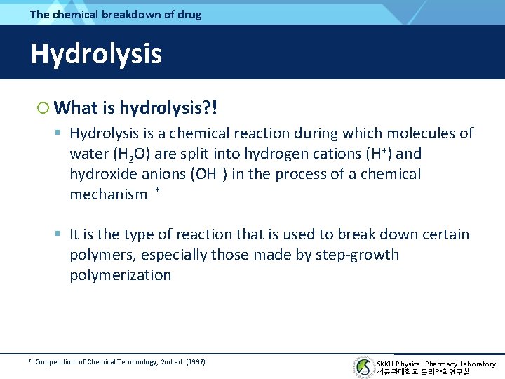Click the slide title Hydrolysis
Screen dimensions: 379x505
(96, 54)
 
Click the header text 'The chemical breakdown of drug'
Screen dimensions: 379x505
(116, 14)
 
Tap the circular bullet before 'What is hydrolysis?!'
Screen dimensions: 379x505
(43, 107)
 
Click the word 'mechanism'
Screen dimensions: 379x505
(108, 195)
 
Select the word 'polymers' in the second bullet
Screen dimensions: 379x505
(100, 255)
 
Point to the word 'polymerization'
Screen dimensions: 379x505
(120, 275)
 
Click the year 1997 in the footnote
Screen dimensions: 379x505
(196, 362)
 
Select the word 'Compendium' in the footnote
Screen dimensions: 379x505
(56, 362)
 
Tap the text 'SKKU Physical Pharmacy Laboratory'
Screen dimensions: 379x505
(436, 364)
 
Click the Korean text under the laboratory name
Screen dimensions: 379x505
(423, 372)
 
